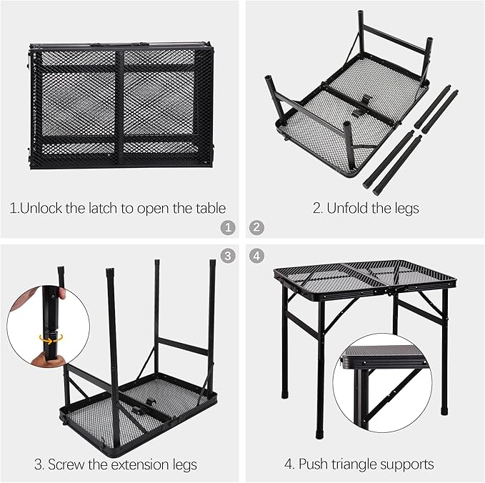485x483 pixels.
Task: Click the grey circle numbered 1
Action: click(228, 229)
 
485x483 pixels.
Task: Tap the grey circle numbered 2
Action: click(256, 229)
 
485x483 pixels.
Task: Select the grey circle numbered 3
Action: click(228, 255)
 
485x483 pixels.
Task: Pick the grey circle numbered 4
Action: click(256, 255)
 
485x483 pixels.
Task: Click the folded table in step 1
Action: click(121, 106)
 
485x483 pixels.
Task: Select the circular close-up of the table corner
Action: click(381, 382)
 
